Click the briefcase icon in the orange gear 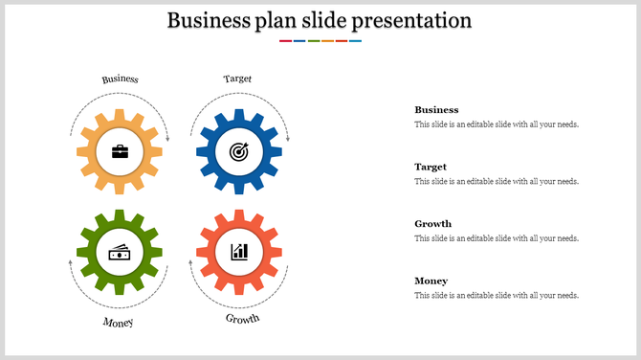(120, 151)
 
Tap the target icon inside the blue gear (238, 151)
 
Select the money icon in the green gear (120, 252)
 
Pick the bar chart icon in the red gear (238, 252)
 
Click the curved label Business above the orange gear (121, 79)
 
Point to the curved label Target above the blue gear (237, 79)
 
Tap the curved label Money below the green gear (119, 322)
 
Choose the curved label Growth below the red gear (242, 318)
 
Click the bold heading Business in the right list (436, 110)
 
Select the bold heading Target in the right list (431, 167)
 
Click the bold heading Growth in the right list (432, 224)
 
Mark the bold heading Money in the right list (431, 281)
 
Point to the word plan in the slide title (277, 20)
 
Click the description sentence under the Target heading (496, 181)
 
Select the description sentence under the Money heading (496, 296)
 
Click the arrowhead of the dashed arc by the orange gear (167, 140)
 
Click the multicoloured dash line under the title (320, 41)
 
